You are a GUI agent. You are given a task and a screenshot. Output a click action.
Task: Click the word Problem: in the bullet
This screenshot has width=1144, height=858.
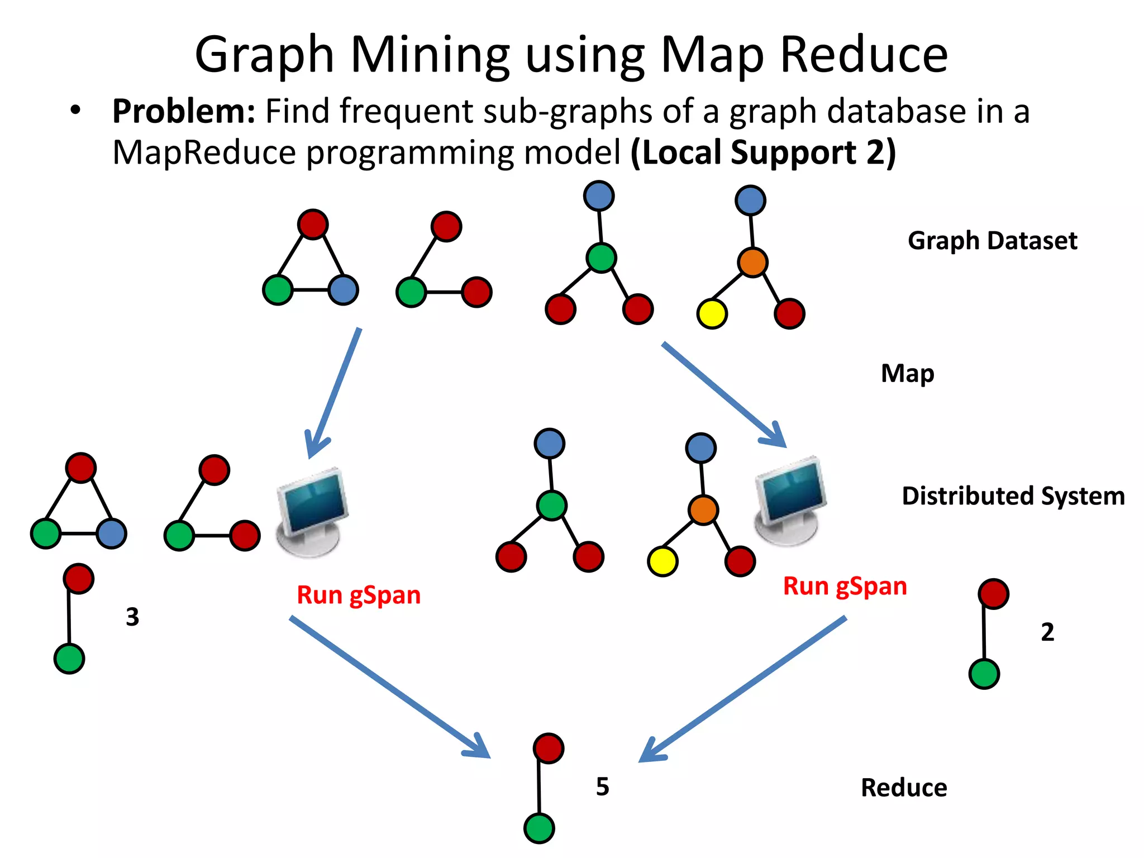click(183, 111)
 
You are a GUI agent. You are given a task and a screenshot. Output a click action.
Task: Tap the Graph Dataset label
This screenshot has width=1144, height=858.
click(992, 241)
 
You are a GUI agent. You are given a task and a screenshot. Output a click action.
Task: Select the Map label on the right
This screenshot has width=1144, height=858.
click(907, 374)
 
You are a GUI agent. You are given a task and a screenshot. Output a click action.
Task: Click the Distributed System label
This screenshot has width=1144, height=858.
click(1013, 496)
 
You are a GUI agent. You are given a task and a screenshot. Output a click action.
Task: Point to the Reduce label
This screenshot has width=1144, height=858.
click(904, 788)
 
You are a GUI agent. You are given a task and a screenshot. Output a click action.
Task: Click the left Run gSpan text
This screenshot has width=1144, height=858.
click(358, 595)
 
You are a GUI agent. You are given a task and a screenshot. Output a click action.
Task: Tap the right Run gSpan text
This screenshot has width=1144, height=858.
click(845, 587)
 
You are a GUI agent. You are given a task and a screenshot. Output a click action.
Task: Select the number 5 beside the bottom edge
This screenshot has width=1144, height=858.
click(602, 786)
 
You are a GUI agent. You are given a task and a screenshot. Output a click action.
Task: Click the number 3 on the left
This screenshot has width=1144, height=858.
click(132, 617)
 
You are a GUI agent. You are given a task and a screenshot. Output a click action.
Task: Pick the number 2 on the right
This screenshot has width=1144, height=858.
click(1047, 632)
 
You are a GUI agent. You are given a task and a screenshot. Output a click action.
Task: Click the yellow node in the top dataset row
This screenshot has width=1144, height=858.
click(712, 313)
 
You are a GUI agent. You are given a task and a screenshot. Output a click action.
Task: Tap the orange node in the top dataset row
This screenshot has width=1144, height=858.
click(752, 262)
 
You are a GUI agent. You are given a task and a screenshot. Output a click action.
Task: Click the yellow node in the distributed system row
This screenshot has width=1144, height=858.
click(662, 561)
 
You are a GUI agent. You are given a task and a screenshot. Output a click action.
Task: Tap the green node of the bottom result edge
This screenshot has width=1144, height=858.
click(539, 828)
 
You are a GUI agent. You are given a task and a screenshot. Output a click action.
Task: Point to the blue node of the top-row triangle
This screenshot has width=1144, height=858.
click(343, 290)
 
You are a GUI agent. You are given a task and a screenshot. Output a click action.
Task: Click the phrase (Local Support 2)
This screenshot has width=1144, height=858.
click(763, 152)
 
